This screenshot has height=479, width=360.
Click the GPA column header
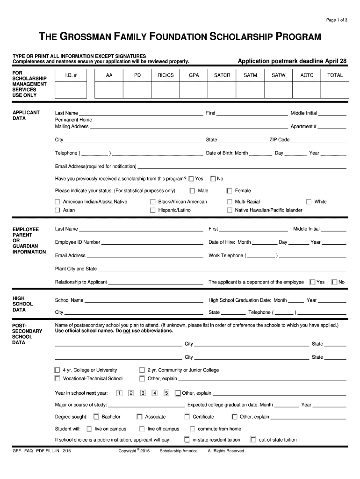coord(194,75)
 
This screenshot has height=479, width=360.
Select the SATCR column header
coord(222,75)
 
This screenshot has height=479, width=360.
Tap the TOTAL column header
coord(335,75)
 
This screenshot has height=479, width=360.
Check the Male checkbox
coord(192,191)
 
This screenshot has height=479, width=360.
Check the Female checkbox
coord(229,191)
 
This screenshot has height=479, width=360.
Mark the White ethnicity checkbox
coord(309,202)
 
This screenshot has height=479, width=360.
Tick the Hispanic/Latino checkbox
coord(152,210)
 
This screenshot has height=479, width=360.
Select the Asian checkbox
coord(58,210)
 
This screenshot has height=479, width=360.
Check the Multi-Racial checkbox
coord(229,202)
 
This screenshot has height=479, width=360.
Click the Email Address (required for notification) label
coord(95,167)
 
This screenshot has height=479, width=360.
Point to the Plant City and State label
coord(76,269)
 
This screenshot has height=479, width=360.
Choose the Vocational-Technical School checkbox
coord(58,378)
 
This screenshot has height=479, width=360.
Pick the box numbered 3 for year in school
coord(143,393)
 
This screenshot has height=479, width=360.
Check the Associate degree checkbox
coord(139,417)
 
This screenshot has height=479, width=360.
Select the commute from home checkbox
coord(192,428)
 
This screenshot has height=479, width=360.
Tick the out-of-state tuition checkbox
coord(253,440)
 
